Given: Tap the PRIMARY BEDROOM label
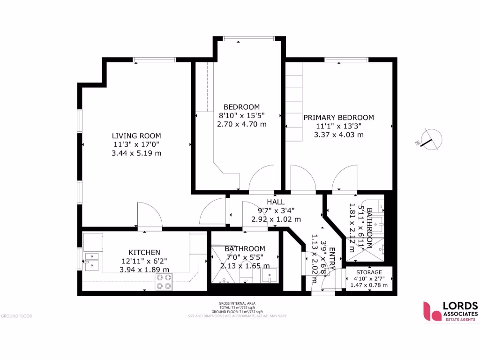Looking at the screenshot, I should (x=338, y=118).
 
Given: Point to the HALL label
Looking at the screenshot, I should (x=276, y=202).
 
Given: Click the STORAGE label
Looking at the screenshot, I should (x=369, y=272).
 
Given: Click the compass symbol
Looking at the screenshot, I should (x=430, y=139).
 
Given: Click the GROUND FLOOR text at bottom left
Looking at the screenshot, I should (x=16, y=316).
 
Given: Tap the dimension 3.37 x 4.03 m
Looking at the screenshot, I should (x=338, y=135).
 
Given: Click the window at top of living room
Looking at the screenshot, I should (x=154, y=60).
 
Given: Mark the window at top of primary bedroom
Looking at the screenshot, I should (x=346, y=60).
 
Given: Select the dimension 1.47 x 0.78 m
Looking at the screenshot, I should (x=369, y=285).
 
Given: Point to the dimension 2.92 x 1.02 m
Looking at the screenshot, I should (x=276, y=219).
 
